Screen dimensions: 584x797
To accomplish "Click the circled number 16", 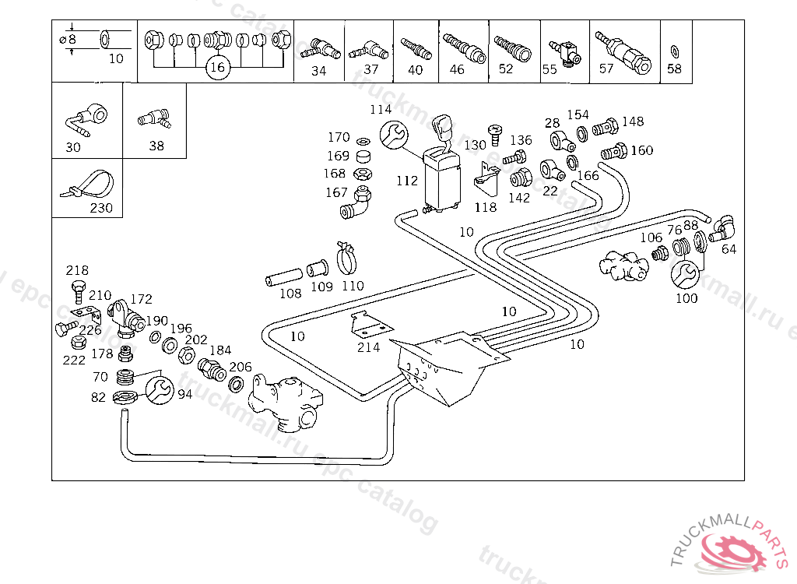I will [x=218, y=68].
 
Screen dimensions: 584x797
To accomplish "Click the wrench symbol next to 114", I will [x=393, y=135].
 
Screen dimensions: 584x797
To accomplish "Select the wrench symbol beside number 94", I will [x=159, y=389].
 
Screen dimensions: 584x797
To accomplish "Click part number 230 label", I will [x=101, y=208].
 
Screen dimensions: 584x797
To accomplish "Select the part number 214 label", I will [x=368, y=347].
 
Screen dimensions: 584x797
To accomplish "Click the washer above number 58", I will [x=674, y=52].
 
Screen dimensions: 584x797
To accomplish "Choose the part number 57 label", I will [x=606, y=69].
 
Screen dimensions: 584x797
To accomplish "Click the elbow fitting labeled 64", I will [x=722, y=227].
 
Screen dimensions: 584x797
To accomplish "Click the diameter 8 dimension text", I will [x=68, y=39].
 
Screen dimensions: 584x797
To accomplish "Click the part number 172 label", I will [x=141, y=299].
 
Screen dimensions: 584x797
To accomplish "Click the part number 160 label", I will [x=642, y=150].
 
